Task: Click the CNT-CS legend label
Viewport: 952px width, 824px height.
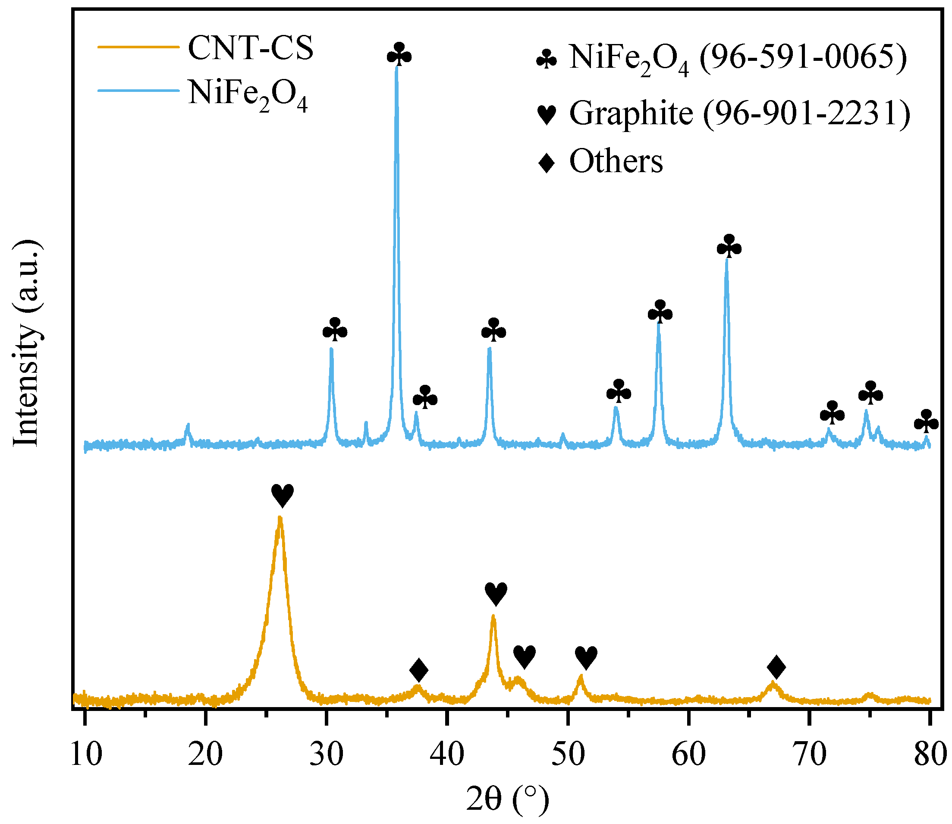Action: click(251, 47)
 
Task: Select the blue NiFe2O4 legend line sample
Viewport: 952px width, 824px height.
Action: click(138, 91)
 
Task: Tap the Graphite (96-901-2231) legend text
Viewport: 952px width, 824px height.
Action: click(739, 113)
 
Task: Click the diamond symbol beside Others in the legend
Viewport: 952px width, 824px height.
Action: click(547, 162)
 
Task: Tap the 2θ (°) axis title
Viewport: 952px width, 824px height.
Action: click(507, 799)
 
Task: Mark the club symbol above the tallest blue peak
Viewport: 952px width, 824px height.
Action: click(399, 55)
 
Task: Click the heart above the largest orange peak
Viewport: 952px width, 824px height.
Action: click(282, 496)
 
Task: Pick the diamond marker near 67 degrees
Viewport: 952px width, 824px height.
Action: click(776, 668)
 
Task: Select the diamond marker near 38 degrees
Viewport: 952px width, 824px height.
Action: click(419, 670)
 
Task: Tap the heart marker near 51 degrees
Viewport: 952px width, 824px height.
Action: click(586, 657)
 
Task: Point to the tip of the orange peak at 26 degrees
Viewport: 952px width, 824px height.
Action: click(280, 518)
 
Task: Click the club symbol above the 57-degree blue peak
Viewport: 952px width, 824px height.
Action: click(660, 312)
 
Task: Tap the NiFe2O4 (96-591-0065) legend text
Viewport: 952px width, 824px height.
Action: click(738, 58)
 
